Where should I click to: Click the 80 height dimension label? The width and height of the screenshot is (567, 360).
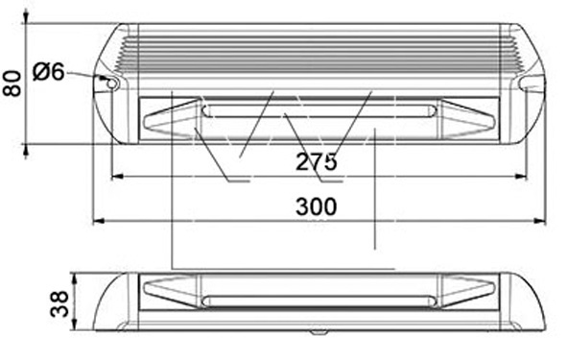click(12, 84)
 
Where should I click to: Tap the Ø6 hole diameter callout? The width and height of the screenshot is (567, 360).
click(49, 71)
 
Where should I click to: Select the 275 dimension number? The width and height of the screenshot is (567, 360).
click(317, 161)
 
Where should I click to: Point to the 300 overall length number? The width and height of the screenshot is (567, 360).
click(317, 206)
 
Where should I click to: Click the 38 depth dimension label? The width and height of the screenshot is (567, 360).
click(59, 303)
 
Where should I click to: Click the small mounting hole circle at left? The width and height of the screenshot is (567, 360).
click(112, 84)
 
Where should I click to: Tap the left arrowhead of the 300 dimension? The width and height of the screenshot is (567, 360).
click(99, 221)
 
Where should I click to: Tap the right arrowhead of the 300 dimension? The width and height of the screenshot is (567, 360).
click(539, 221)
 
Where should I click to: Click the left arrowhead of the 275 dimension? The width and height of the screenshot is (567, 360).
click(117, 177)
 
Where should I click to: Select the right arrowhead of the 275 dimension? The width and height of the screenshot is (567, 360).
click(520, 177)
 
